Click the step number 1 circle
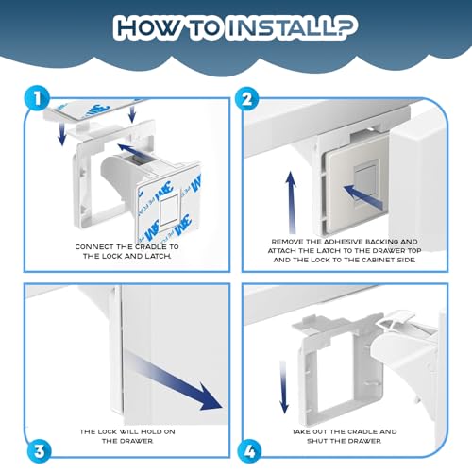click(38, 98)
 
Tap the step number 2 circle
click(248, 99)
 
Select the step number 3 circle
click(39, 452)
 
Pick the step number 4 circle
click(250, 452)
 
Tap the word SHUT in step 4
click(316, 441)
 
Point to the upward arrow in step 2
click(291, 203)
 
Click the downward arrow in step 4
click(284, 387)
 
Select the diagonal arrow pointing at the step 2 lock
click(362, 197)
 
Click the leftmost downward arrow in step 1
click(62, 134)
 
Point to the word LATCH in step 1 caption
click(158, 256)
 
